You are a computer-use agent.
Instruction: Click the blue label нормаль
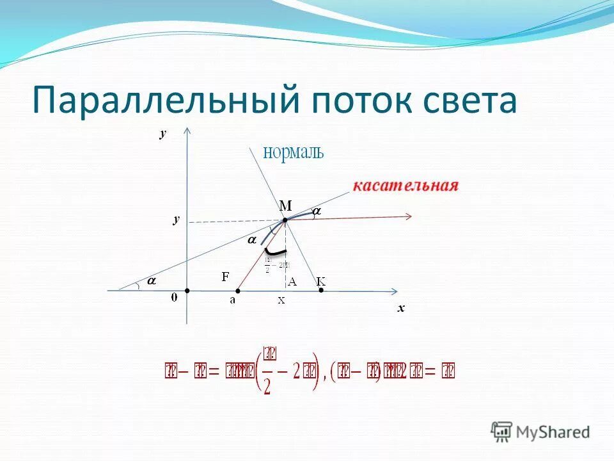294,152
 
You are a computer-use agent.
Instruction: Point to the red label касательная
405,186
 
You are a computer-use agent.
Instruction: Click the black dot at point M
285,220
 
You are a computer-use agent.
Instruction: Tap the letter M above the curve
285,206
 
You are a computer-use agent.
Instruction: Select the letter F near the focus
225,277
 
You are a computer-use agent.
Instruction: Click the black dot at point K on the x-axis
321,291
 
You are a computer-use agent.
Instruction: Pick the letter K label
321,281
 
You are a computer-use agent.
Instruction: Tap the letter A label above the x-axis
292,281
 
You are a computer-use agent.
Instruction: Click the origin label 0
174,297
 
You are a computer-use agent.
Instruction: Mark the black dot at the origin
187,291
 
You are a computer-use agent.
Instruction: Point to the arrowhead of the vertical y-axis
187,131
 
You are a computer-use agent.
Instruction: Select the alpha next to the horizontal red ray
316,210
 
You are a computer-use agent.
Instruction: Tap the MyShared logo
540,432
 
